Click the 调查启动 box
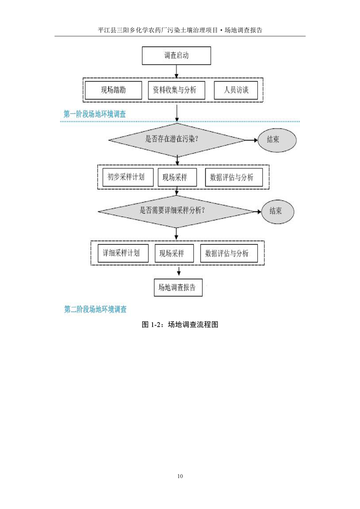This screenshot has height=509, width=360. pos(177,55)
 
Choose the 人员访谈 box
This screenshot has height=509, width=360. pos(236,90)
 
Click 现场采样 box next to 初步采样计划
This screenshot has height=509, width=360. pos(177,177)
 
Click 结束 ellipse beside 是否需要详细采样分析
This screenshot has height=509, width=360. pos(277,211)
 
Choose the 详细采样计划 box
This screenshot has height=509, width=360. pos(123,253)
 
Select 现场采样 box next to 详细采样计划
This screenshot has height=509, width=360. pos(174,253)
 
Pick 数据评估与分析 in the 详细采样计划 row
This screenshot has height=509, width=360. pos(229,253)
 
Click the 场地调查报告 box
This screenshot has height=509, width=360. pos(178,287)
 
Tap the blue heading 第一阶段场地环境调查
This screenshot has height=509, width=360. pos(94,115)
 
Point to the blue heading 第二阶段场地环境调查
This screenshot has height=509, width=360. pos(95,309)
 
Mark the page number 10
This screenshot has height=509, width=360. pos(180,476)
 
